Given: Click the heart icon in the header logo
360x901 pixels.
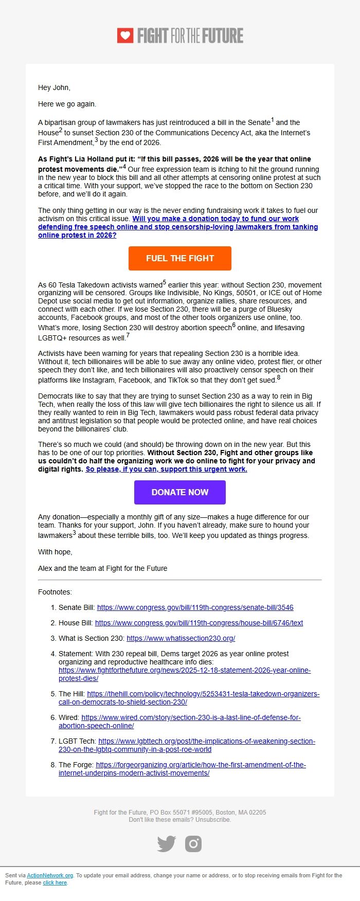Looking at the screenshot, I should pyautogui.click(x=125, y=35).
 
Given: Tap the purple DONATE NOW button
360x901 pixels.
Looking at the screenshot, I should pyautogui.click(x=179, y=492).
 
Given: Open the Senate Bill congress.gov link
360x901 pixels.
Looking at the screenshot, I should pyautogui.click(x=195, y=607).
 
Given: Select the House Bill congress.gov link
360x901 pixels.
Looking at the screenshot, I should pyautogui.click(x=199, y=623).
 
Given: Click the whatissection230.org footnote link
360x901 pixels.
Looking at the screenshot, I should pyautogui.click(x=181, y=638).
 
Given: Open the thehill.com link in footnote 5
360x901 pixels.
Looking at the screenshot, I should pyautogui.click(x=203, y=694).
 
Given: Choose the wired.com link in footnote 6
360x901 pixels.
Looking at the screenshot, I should pyautogui.click(x=191, y=717).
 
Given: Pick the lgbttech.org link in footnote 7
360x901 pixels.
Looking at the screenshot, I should pyautogui.click(x=206, y=741).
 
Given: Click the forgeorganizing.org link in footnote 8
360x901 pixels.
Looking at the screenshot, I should pyautogui.click(x=201, y=765).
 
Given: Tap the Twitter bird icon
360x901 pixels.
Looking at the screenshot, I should pyautogui.click(x=166, y=844).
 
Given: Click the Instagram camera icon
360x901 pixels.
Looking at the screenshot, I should pyautogui.click(x=193, y=844).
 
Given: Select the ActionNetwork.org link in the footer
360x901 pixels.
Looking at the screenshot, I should pyautogui.click(x=50, y=875).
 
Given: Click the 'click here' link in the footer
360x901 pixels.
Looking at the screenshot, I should pyautogui.click(x=55, y=882).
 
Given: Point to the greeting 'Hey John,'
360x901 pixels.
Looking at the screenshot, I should pyautogui.click(x=54, y=87).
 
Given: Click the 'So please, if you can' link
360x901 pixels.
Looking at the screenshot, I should pyautogui.click(x=166, y=469).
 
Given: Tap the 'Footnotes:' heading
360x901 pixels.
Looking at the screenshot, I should pyautogui.click(x=55, y=592).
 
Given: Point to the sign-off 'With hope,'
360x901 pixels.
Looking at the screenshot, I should pyautogui.click(x=55, y=552).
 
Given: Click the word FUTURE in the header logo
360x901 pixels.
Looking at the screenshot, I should pyautogui.click(x=223, y=35).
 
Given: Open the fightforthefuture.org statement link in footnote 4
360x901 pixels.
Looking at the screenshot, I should pyautogui.click(x=184, y=670).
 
